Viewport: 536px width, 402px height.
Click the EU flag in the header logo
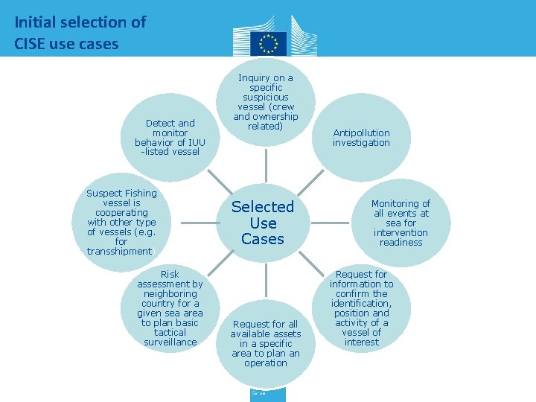[268, 42]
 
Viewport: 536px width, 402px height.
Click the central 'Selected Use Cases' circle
[263, 223]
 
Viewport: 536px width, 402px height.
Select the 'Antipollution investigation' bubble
[361, 138]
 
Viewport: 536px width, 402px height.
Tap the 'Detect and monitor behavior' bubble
[170, 137]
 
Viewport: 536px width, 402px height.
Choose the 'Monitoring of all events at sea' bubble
[401, 223]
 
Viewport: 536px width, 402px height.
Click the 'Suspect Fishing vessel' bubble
[121, 222]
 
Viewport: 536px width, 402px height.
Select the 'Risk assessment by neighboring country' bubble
[170, 308]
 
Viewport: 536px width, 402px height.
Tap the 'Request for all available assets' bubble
[266, 343]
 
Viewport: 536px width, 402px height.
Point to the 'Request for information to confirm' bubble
[362, 308]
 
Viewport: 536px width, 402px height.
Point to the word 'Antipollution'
[361, 133]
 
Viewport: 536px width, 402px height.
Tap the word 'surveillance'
[170, 342]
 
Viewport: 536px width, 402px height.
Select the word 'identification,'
[362, 303]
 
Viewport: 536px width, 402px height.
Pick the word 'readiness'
[401, 242]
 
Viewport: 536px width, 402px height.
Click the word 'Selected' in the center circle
[263, 206]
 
